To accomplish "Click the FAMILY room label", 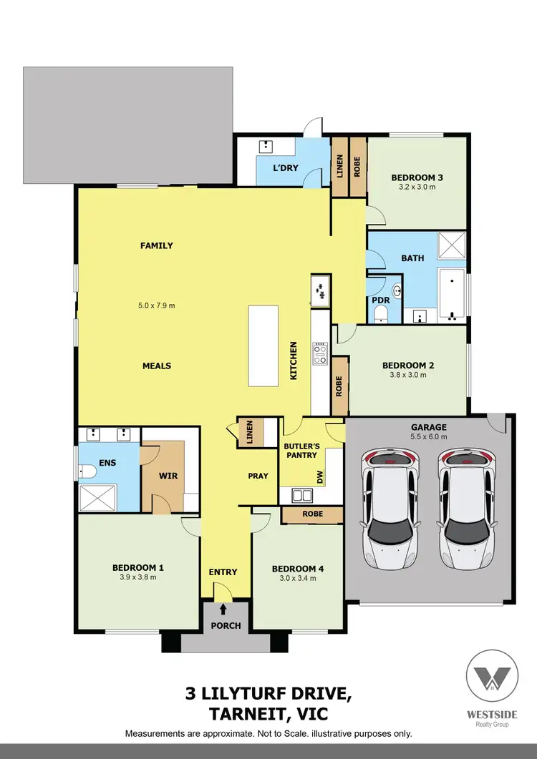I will (x=156, y=245).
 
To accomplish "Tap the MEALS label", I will (x=156, y=366).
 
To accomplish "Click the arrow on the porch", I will (x=226, y=609).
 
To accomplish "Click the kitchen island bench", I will (x=262, y=346).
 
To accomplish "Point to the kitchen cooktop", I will (x=319, y=353).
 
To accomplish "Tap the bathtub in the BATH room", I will (x=451, y=294).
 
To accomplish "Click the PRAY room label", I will (x=258, y=476).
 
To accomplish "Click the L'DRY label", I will (x=286, y=169).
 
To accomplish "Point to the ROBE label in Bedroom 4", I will (x=313, y=514).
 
